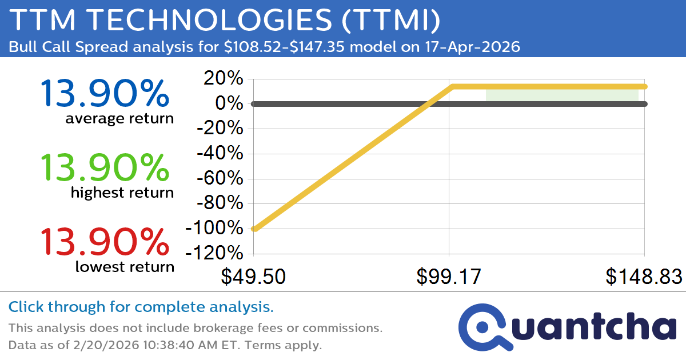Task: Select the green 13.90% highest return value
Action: pyautogui.click(x=105, y=167)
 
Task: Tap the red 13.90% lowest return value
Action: pyautogui.click(x=105, y=242)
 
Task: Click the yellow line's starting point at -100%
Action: pyautogui.click(x=254, y=229)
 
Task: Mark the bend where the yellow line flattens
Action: pyautogui.click(x=452, y=87)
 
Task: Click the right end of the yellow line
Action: pyautogui.click(x=644, y=87)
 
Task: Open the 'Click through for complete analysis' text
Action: pyautogui.click(x=141, y=307)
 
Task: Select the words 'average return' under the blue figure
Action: pyautogui.click(x=119, y=118)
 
